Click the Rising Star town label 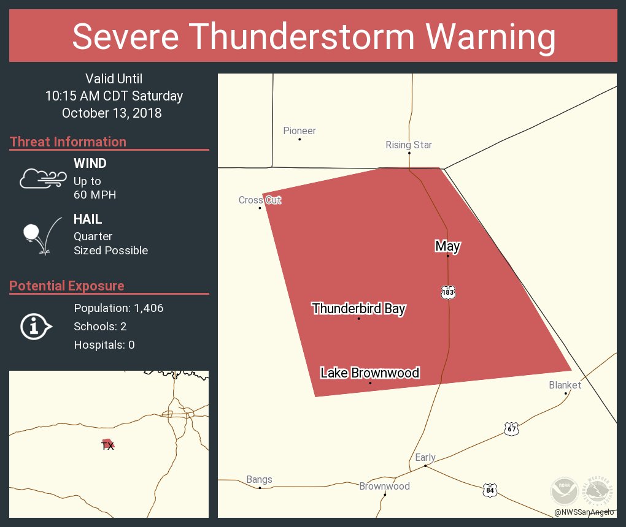[409, 145]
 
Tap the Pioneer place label [299, 131]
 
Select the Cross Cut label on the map [260, 200]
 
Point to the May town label [447, 246]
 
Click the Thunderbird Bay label [358, 309]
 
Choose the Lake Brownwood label [369, 373]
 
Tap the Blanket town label [565, 385]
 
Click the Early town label [425, 458]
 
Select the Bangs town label [259, 480]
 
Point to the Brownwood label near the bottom [384, 487]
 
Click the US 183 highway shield [448, 292]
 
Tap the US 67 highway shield [512, 428]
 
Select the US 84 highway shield [489, 490]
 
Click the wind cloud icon [42, 178]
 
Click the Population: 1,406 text [118, 308]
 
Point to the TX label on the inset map [107, 446]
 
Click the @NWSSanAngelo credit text [584, 512]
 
